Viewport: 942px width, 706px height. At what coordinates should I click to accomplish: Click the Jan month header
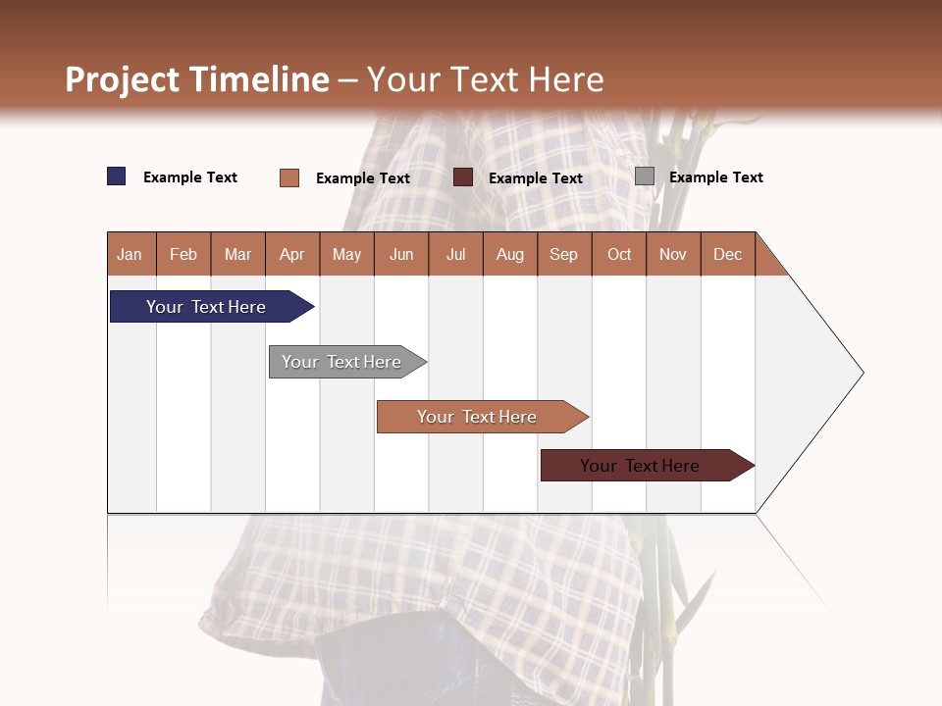click(x=131, y=254)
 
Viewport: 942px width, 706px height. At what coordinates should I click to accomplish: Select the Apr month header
click(x=292, y=254)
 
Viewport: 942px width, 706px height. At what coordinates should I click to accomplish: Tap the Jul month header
click(x=455, y=254)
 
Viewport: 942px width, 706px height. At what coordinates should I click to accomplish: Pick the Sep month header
click(x=564, y=254)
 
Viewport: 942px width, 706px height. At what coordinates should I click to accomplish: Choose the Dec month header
click(x=727, y=254)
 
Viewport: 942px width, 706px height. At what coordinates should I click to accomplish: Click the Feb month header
click(x=183, y=254)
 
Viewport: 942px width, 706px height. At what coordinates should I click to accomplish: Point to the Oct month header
click(x=619, y=254)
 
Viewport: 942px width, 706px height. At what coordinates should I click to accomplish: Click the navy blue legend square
click(x=117, y=176)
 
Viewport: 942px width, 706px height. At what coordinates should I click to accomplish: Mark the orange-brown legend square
click(x=289, y=177)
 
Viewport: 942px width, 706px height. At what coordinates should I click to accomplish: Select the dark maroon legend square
click(x=463, y=177)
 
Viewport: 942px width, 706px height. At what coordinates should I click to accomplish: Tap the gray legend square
click(x=645, y=176)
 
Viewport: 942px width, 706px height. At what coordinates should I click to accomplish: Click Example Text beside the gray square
click(x=715, y=177)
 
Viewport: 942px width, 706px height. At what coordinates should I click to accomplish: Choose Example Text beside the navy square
click(x=190, y=177)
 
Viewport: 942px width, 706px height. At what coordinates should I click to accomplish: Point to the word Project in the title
click(x=123, y=79)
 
